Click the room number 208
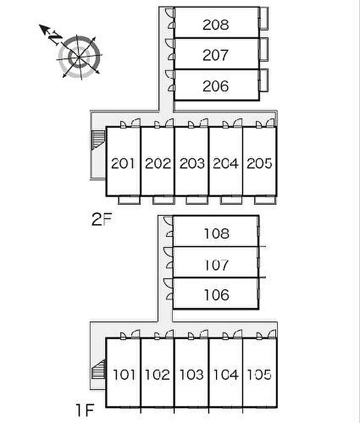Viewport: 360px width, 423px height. pos(215,25)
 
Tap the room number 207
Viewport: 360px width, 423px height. pos(215,55)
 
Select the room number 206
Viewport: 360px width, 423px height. pos(215,86)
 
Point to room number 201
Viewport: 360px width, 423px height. pos(123,163)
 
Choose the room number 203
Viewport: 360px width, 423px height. pos(192,163)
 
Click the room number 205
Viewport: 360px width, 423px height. pos(259,163)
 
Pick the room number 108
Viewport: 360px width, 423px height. pos(217,234)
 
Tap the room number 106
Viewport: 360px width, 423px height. pos(217,295)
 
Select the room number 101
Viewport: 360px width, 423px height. pos(124,375)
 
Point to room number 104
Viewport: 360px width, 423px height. pos(226,375)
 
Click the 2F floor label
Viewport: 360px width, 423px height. pos(101,219)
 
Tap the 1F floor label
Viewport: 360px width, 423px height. pos(84,410)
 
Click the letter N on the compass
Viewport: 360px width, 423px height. pos(55,38)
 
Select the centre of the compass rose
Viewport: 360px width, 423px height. pos(79,57)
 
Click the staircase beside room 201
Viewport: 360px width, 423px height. pos(98,140)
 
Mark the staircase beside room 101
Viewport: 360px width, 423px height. pos(99,370)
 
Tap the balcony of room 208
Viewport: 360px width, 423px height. pos(264,18)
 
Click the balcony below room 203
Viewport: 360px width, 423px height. pos(197,200)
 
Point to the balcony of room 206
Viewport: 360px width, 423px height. pos(264,80)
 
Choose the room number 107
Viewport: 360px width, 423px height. pos(217,265)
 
